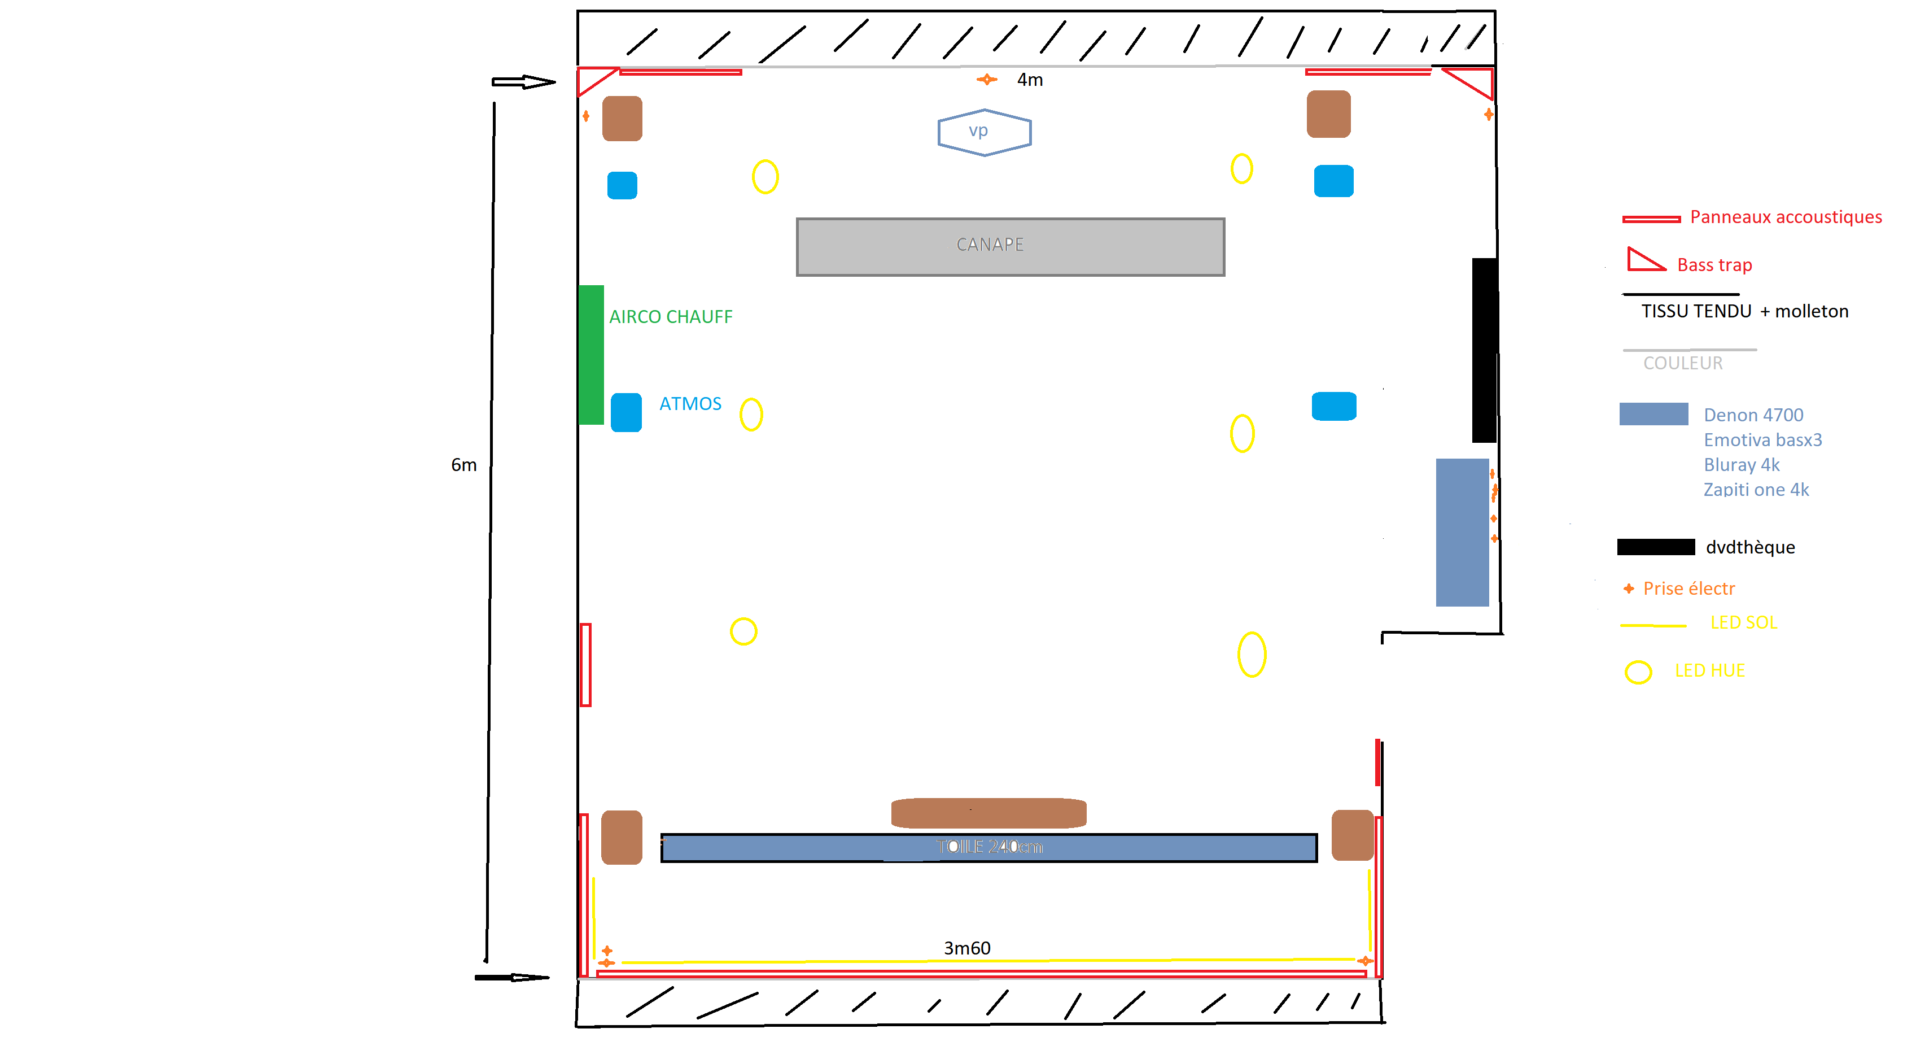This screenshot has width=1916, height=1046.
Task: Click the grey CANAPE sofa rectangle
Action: pos(1010,247)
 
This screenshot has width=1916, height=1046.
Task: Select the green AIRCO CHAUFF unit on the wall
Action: pos(591,355)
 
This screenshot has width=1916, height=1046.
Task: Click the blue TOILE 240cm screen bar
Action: pos(988,847)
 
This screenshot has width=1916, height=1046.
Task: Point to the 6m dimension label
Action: pos(463,465)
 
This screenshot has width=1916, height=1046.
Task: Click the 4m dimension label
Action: pos(1030,80)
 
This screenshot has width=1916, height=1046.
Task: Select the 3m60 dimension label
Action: pos(967,948)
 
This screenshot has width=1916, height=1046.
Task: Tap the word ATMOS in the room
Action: pos(690,404)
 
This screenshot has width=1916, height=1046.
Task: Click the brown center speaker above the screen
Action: pos(988,813)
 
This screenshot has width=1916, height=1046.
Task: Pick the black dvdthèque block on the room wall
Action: pos(1485,350)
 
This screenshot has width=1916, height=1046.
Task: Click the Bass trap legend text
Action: pos(1714,265)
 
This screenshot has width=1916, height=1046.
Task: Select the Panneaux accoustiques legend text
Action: pos(1786,217)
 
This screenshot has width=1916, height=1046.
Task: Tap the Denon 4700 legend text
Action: pos(1753,415)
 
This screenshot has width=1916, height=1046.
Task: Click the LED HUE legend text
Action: pos(1709,670)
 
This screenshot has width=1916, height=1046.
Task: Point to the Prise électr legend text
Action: pos(1688,589)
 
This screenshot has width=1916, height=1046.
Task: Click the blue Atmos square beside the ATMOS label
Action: pos(626,412)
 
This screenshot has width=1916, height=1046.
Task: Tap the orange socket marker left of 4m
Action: pos(987,80)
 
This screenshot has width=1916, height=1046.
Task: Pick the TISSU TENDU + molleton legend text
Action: pos(1744,311)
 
